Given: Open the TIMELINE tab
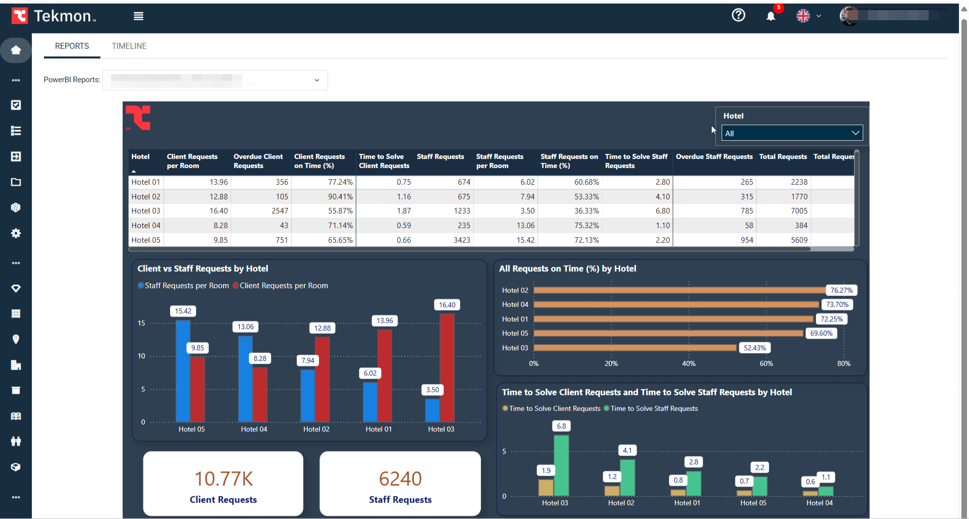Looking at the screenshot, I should [129, 46].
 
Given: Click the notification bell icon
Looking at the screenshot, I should [771, 16].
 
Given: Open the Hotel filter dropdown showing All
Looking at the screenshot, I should [792, 133].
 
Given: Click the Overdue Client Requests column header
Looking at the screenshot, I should [258, 161].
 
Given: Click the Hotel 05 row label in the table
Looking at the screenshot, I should [145, 240].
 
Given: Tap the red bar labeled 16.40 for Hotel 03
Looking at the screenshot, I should [447, 369].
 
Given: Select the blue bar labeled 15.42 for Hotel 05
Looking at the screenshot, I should [183, 371].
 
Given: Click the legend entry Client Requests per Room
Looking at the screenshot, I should [283, 286].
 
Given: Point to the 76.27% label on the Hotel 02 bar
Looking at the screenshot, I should [841, 290].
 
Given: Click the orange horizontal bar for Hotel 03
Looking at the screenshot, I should [635, 348].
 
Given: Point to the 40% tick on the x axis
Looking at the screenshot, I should [688, 364].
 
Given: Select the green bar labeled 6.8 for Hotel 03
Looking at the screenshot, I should [561, 465].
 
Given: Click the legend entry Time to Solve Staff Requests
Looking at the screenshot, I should [654, 408].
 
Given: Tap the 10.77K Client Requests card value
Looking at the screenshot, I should [224, 479].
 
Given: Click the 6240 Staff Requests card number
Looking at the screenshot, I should [400, 479].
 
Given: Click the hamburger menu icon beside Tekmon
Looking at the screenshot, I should [138, 16].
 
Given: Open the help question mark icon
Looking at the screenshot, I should [738, 15].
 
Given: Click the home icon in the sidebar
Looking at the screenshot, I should [16, 50].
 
